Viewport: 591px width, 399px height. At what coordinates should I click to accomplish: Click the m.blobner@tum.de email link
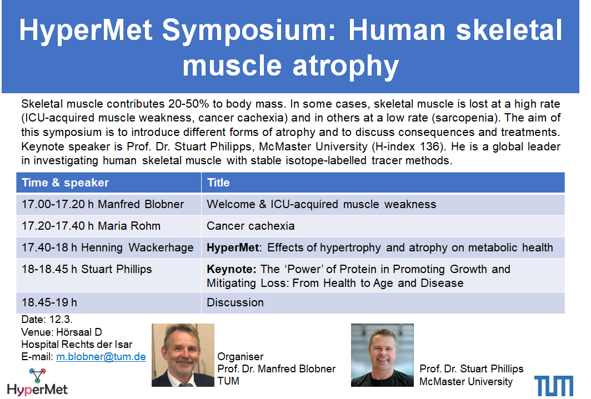[101, 357]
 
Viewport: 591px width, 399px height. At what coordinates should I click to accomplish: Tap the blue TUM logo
[554, 386]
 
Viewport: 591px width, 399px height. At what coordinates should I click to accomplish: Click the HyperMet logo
[37, 382]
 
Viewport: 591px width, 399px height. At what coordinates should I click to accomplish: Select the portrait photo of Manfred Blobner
[183, 355]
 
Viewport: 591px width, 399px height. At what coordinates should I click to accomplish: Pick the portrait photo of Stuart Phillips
[382, 355]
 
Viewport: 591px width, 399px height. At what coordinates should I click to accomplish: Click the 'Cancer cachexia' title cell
[383, 226]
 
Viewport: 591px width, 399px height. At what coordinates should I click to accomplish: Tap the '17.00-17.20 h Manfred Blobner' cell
[108, 204]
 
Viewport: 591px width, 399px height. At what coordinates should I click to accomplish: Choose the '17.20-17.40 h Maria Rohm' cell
[108, 226]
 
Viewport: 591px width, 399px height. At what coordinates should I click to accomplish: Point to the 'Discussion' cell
[383, 302]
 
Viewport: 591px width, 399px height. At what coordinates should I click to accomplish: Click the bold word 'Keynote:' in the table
[232, 270]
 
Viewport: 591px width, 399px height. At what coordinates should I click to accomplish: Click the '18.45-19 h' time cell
[108, 302]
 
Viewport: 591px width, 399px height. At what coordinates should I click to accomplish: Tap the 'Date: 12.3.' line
[47, 320]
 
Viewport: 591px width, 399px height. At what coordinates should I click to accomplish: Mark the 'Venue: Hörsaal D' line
[62, 332]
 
